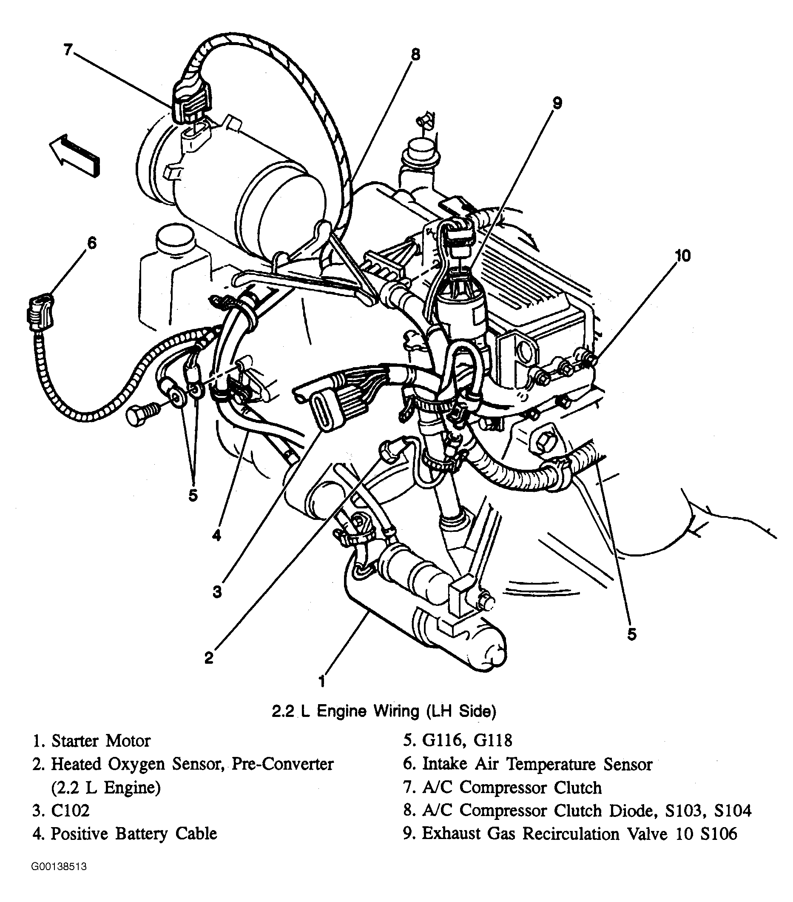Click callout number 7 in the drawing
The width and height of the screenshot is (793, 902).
click(x=67, y=49)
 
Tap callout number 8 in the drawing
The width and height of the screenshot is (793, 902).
click(x=415, y=55)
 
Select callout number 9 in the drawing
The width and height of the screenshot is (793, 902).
click(x=557, y=103)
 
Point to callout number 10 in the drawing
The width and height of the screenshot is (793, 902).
click(x=682, y=256)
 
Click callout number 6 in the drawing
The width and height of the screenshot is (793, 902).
click(x=91, y=243)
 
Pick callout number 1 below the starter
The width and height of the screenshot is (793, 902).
click(x=322, y=681)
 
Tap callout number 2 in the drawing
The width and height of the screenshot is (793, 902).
click(x=209, y=657)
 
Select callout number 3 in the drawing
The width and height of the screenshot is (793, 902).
click(x=217, y=592)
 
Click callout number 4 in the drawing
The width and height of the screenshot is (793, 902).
click(x=216, y=536)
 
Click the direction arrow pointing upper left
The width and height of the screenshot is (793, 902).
click(x=74, y=154)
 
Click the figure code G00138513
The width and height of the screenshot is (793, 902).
click(x=59, y=879)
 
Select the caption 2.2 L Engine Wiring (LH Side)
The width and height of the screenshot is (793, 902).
click(x=384, y=724)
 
